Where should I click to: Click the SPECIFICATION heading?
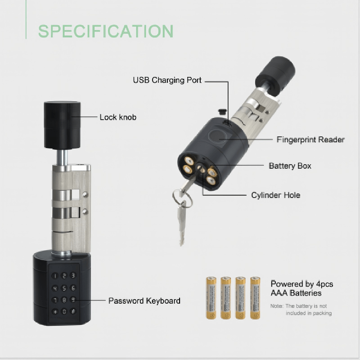pyautogui.click(x=106, y=31)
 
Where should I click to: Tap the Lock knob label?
pyautogui.click(x=118, y=117)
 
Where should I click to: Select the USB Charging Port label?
pyautogui.click(x=167, y=80)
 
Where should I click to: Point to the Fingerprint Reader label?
pyautogui.click(x=310, y=139)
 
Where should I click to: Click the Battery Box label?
pyautogui.click(x=290, y=166)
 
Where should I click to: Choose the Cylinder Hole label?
pyautogui.click(x=275, y=195)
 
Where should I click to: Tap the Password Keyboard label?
pyautogui.click(x=144, y=301)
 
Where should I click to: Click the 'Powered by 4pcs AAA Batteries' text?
pyautogui.click(x=301, y=288)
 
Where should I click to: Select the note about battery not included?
pyautogui.click(x=301, y=310)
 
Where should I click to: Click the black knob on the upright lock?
pyautogui.click(x=62, y=125)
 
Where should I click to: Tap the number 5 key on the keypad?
pyautogui.click(x=64, y=288)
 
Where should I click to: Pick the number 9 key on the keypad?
pyautogui.click(x=73, y=300)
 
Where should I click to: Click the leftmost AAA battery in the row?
pyautogui.click(x=211, y=298)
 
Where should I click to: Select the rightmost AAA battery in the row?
pyautogui.click(x=255, y=298)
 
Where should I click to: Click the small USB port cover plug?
pyautogui.click(x=222, y=112)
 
